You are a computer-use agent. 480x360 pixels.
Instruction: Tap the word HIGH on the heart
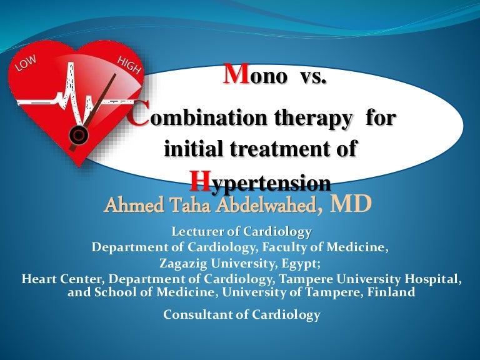click(128, 62)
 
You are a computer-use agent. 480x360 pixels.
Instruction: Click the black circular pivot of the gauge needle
click(79, 133)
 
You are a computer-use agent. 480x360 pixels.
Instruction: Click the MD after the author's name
click(351, 203)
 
